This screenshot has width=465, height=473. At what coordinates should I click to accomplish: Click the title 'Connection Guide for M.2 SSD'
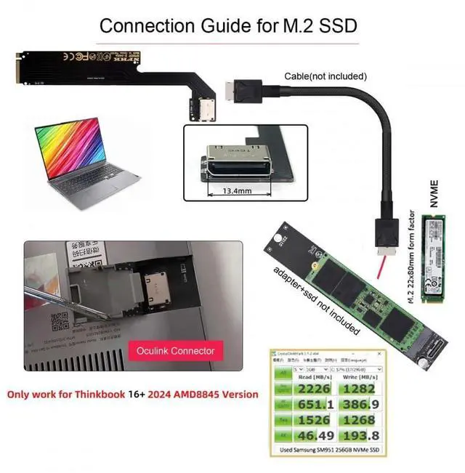point(228,26)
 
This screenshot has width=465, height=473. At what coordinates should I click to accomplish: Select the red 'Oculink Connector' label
point(176,351)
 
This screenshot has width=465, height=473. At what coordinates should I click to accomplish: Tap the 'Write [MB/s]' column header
point(371,376)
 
